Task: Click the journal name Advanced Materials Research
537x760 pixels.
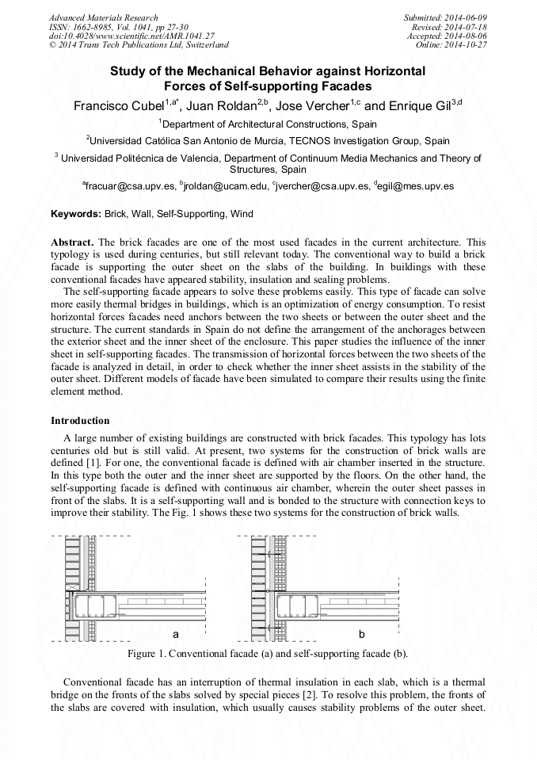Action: [x=103, y=17]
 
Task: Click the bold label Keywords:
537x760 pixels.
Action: [x=76, y=214]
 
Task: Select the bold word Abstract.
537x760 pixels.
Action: [x=72, y=241]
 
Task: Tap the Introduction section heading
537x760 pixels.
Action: [x=80, y=420]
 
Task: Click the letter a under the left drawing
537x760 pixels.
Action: [x=176, y=635]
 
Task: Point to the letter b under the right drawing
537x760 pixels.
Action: [x=362, y=635]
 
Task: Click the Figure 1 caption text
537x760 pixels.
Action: [x=268, y=654]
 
